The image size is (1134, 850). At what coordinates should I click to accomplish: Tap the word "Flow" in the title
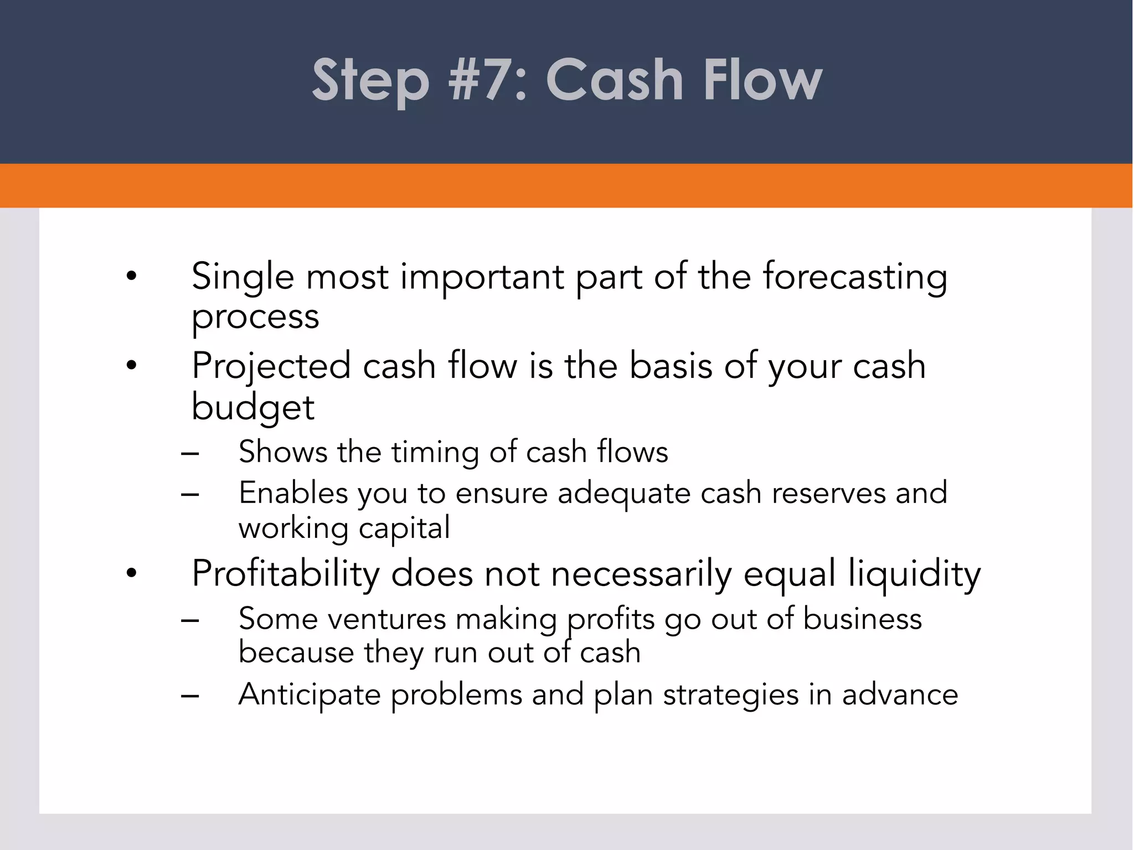pos(762,81)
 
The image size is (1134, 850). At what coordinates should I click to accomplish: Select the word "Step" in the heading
pos(370,81)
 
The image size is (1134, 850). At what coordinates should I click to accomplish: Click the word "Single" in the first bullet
pos(243,277)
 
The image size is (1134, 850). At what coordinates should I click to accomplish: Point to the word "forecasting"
pos(855,277)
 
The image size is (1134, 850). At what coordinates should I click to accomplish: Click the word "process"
pos(255,318)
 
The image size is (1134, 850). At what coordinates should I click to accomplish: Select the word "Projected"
pos(271,366)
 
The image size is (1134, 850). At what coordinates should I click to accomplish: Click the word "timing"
pos(435,452)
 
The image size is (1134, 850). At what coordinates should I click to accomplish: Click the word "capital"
pos(404,528)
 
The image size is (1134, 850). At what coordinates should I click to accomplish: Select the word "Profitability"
pos(285,574)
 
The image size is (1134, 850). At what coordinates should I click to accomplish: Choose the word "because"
pos(296,653)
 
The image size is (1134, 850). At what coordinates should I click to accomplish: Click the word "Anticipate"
pos(310,695)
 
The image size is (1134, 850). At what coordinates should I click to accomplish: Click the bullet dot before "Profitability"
pos(131,574)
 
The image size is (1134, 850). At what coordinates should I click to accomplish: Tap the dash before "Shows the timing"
pos(190,453)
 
